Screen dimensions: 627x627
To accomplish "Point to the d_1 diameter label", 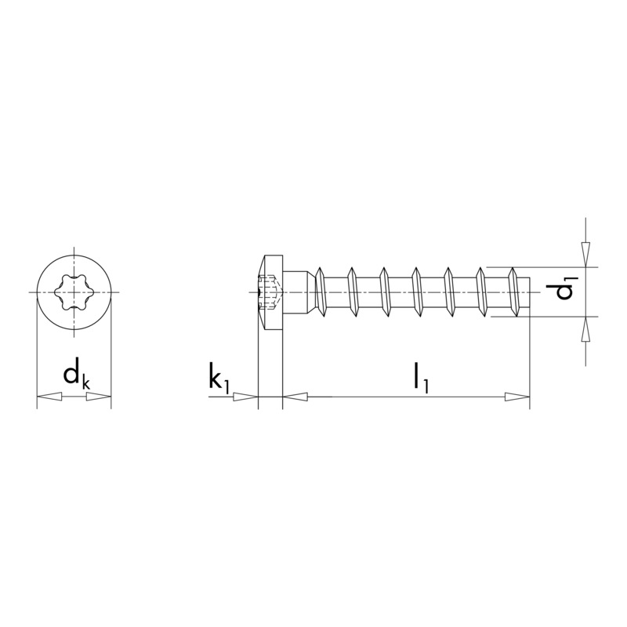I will [x=563, y=288].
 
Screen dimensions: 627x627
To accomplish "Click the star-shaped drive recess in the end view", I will [x=74, y=292].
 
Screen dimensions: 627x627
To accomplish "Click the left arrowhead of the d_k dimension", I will [x=49, y=397].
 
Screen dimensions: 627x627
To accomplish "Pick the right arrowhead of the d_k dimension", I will [x=100, y=397].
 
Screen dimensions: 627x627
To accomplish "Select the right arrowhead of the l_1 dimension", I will [x=518, y=397].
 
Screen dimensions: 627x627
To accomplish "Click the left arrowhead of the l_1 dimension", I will [x=295, y=397].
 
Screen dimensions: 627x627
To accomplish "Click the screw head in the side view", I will [x=270, y=292].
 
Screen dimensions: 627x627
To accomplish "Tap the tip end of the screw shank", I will [x=525, y=292].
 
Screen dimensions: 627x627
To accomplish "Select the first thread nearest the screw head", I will [x=320, y=292].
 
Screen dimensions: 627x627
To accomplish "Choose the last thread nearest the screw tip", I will [x=513, y=292].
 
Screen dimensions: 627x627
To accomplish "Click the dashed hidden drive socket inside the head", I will [x=269, y=292].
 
